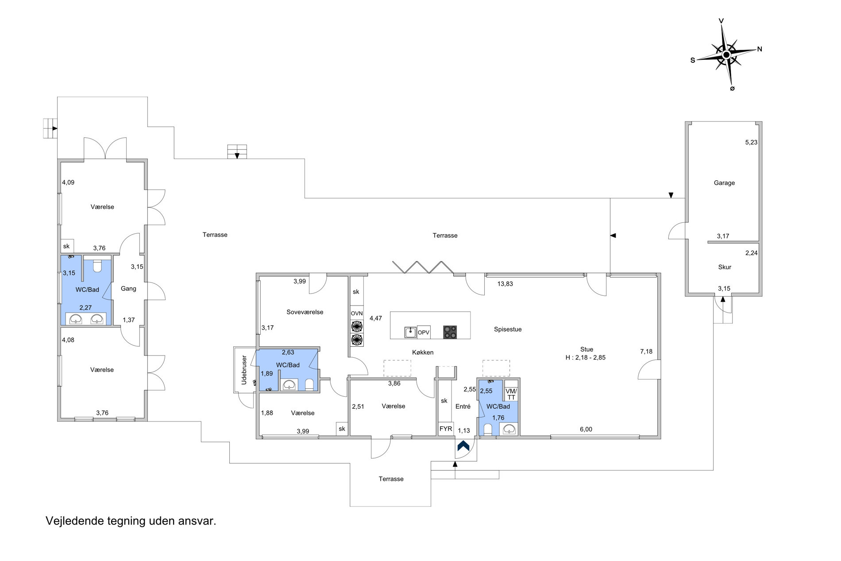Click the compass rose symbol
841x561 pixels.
click(726, 54)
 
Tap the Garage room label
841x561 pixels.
click(724, 183)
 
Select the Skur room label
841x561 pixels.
click(725, 267)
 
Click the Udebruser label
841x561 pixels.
click(244, 370)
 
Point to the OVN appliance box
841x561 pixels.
click(357, 313)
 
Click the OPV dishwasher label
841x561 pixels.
click(424, 332)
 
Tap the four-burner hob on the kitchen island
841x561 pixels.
click(450, 332)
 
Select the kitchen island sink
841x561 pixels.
click(410, 332)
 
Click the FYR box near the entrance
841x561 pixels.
click(445, 429)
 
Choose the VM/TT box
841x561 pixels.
click(511, 394)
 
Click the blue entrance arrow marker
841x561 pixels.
click(463, 446)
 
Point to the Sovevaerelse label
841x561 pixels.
click(305, 312)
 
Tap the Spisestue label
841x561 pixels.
click(508, 329)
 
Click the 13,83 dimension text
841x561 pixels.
click(505, 284)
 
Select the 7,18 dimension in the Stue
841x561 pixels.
click(646, 352)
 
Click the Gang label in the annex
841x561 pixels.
click(128, 289)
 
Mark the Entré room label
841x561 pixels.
click(463, 406)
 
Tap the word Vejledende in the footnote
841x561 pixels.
click(75, 522)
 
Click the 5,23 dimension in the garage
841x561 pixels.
click(751, 143)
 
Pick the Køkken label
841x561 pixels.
click(423, 352)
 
